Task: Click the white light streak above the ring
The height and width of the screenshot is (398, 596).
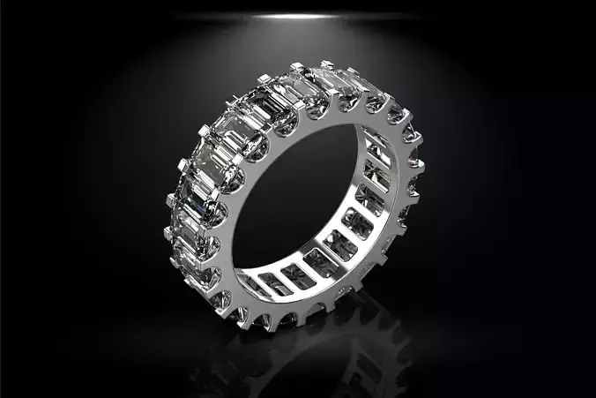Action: pos(297,16)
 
